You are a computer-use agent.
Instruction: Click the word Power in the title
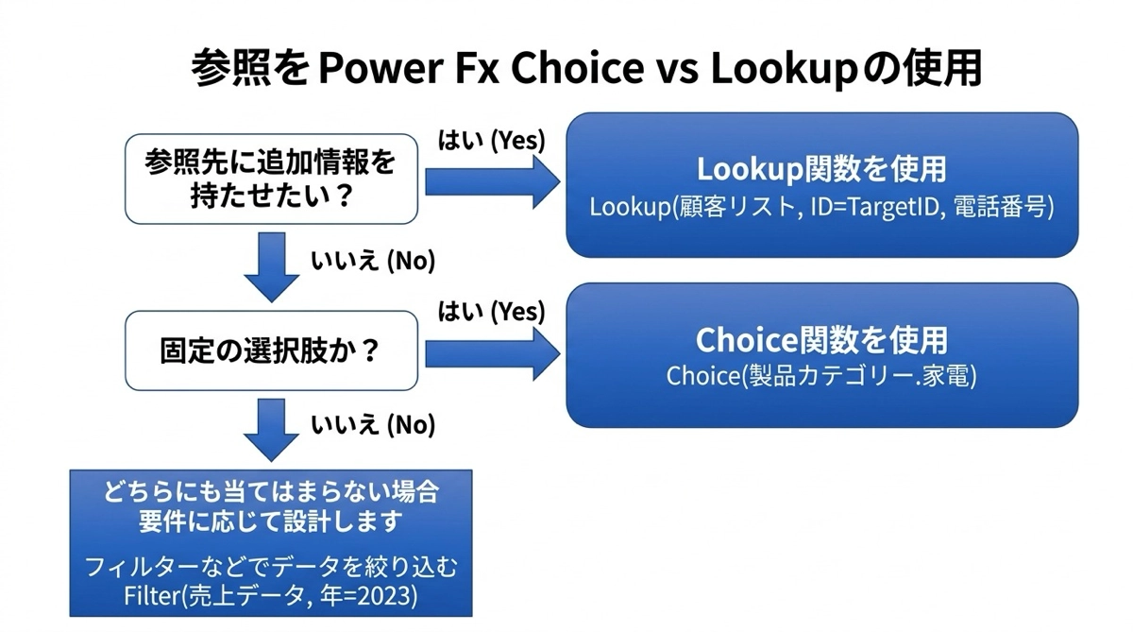(381, 68)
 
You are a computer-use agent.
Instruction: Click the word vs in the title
(677, 69)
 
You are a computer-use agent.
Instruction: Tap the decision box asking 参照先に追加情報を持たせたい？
(272, 179)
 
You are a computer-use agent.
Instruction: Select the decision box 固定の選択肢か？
(272, 350)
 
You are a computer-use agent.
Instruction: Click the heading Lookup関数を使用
(821, 169)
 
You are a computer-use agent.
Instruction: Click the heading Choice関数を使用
(821, 339)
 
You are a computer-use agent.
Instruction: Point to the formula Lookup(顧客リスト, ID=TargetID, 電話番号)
(821, 208)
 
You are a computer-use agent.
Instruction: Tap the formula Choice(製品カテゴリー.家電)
(821, 376)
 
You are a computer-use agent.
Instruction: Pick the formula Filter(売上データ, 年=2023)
(271, 596)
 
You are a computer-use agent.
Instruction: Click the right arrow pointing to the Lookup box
(493, 181)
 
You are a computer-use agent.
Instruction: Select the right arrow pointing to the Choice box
(493, 353)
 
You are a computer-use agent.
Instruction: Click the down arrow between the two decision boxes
(272, 267)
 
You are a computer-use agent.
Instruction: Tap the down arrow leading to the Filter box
(272, 430)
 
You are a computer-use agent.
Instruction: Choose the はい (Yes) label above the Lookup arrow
(492, 140)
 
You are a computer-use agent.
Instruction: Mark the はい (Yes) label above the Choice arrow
(492, 311)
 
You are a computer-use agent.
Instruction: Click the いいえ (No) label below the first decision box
(373, 261)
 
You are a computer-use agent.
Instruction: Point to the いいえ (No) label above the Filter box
(373, 424)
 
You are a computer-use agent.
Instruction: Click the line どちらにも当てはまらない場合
(271, 492)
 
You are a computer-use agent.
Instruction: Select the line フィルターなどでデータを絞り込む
(271, 567)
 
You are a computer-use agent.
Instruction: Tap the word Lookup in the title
(784, 69)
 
